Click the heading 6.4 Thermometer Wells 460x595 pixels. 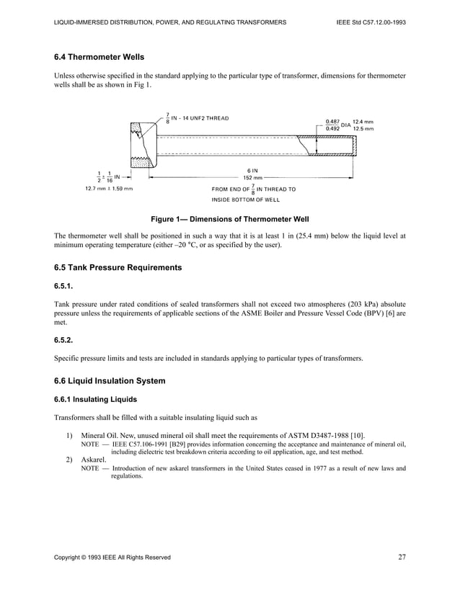pos(104,56)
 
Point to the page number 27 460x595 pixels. pos(402,555)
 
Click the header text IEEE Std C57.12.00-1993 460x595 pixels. pos(371,22)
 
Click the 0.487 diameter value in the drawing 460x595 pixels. pos(332,121)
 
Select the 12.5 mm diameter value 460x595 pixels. pos(363,129)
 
